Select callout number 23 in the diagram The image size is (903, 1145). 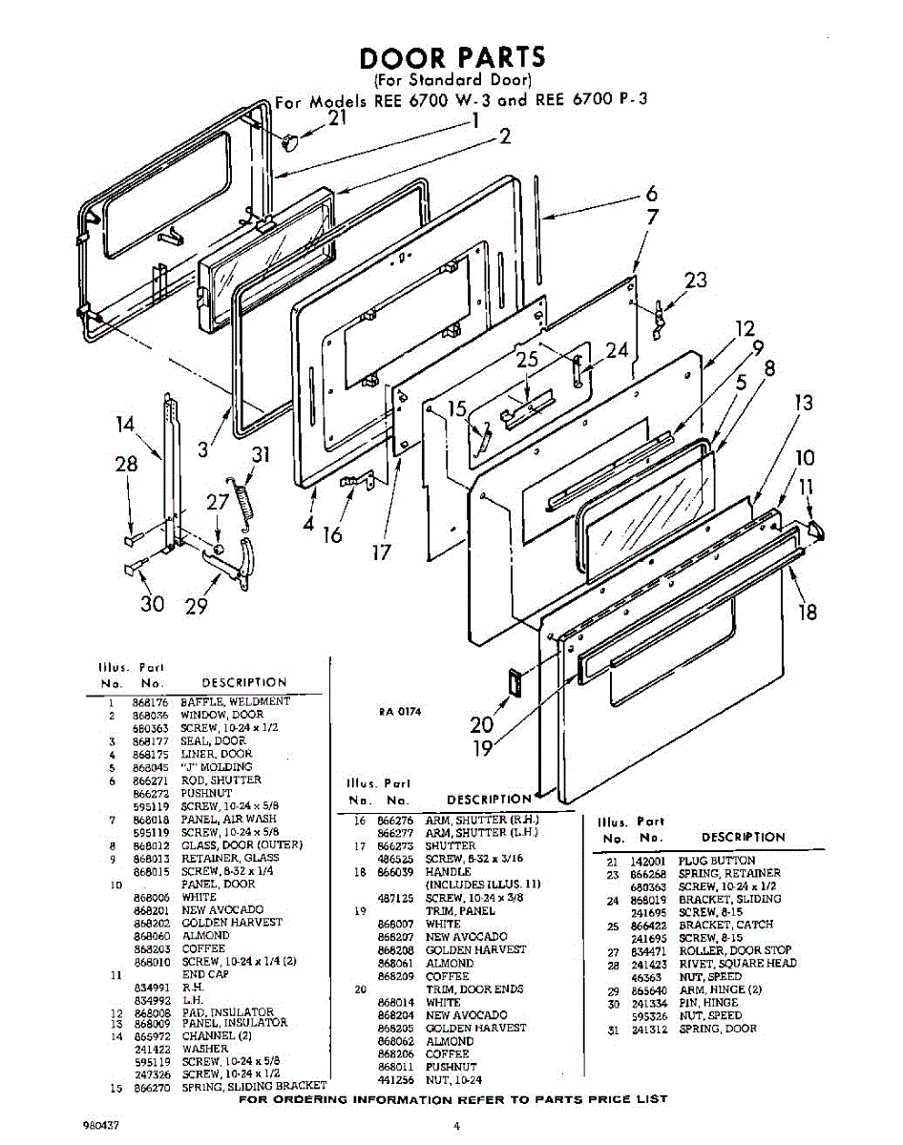click(x=696, y=281)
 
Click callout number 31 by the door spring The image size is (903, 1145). click(x=260, y=455)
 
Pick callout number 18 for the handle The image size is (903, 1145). click(x=808, y=612)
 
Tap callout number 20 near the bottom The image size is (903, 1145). click(x=482, y=724)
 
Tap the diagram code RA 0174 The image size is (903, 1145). click(x=400, y=711)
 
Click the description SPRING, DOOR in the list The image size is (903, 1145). click(x=718, y=1029)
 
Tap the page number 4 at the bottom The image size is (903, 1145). click(x=457, y=1126)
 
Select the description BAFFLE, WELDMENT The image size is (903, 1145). click(x=235, y=702)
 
